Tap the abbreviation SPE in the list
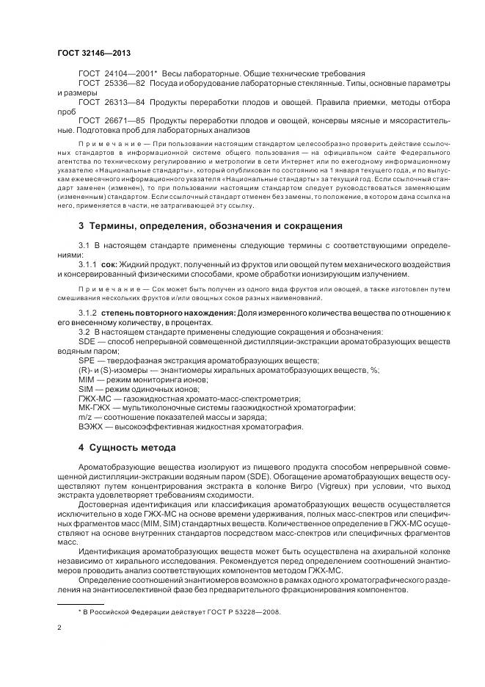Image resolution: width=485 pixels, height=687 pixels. point(87,360)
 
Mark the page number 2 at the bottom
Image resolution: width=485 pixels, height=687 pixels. point(58,628)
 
